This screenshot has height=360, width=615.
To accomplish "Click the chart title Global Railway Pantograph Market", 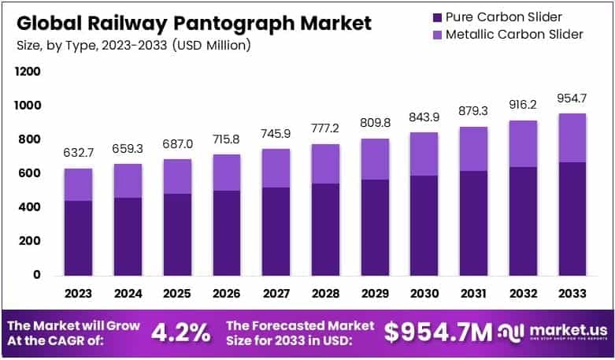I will (193, 23).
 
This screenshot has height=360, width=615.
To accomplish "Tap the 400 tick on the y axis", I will (30, 207).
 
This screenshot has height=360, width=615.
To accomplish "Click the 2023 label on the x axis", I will (79, 293).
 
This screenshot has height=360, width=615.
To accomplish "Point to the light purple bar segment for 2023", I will (79, 184).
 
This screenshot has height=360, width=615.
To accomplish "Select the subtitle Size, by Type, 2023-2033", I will (133, 45).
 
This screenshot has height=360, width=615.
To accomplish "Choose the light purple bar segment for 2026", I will (225, 172).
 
